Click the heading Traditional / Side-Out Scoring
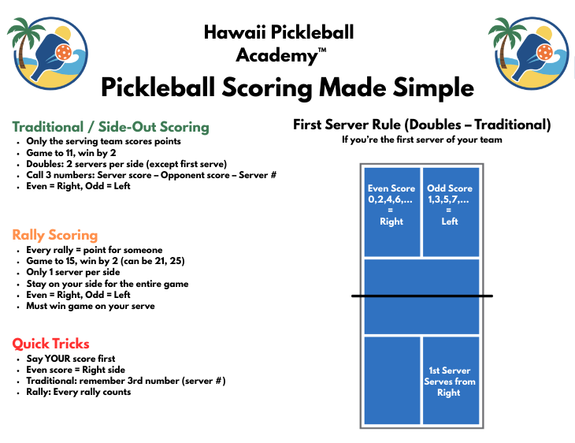tap(110, 127)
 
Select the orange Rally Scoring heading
tap(55, 235)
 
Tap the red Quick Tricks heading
tap(51, 344)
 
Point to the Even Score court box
tap(391, 210)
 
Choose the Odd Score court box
tap(451, 210)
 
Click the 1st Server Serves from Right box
tap(451, 381)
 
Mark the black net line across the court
tap(421, 296)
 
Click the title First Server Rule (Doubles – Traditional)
tap(421, 125)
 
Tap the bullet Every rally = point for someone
tap(94, 250)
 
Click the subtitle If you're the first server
tap(421, 140)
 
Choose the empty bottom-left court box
tap(391, 381)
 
